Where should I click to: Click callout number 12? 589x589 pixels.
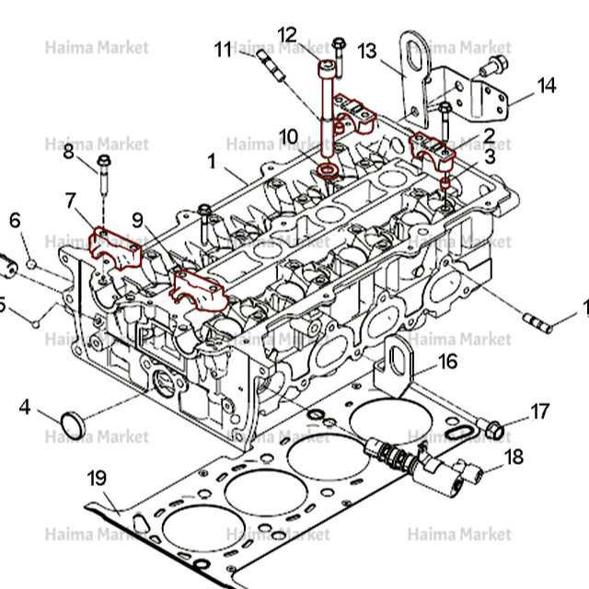[x=288, y=35]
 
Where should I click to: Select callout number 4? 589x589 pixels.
[x=25, y=405]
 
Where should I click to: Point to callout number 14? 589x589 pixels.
[x=547, y=86]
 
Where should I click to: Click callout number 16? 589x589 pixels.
[x=447, y=361]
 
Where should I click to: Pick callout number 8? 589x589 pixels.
[x=69, y=152]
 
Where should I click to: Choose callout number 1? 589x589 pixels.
[x=212, y=161]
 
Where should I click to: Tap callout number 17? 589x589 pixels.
[x=539, y=410]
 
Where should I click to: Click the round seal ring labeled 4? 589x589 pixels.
[x=72, y=424]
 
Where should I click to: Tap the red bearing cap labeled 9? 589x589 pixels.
[x=200, y=288]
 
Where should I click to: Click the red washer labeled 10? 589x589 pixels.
[x=326, y=172]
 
